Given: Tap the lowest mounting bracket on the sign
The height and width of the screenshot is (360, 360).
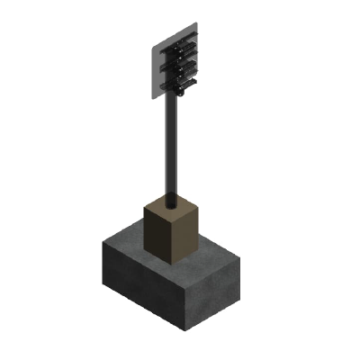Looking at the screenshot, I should click(180, 85).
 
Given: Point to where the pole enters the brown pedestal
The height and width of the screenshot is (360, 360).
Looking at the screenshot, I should click(171, 200).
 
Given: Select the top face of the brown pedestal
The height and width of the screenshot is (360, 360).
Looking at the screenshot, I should click(172, 207).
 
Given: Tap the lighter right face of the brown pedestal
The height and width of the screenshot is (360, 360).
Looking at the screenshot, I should click(187, 236).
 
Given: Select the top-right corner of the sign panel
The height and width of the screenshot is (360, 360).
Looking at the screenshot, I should click(196, 22).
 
